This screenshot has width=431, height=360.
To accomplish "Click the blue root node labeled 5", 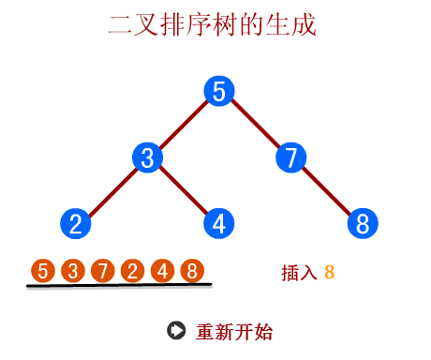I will click(x=218, y=91).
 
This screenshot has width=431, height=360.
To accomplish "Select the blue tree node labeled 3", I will click(x=147, y=157).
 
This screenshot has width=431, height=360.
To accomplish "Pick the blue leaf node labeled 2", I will click(x=75, y=224).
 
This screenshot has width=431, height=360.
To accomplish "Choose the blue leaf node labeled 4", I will click(x=218, y=224).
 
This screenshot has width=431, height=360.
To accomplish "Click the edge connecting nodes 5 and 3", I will click(x=183, y=125).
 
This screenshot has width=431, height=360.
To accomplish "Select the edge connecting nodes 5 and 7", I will click(x=255, y=125).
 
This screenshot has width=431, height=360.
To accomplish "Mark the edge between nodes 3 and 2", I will click(x=111, y=191).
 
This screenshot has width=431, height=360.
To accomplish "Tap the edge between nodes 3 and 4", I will click(x=183, y=191).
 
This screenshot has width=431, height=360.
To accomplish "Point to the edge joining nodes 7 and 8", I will click(x=327, y=191).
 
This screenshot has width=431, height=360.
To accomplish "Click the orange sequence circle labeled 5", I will click(x=43, y=272).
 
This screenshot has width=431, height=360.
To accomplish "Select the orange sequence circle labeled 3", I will click(x=73, y=272).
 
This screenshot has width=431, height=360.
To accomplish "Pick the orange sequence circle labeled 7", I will click(x=103, y=272).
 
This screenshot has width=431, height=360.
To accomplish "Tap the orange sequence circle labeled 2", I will click(x=132, y=272).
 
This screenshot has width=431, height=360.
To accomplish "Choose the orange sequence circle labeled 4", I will click(x=162, y=272).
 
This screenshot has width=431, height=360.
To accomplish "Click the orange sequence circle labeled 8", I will click(x=192, y=272).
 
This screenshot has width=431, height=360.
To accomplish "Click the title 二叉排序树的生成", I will click(x=213, y=25).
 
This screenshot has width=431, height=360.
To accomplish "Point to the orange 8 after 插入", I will click(x=329, y=273).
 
